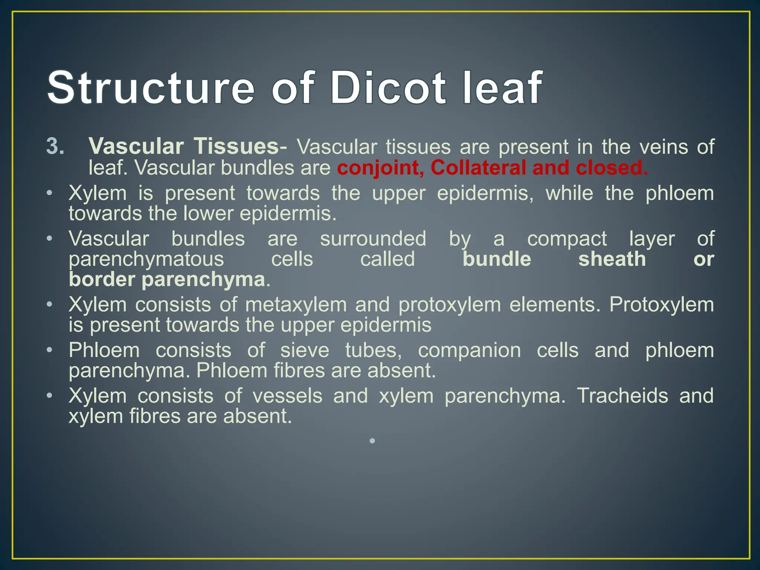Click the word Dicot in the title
[387, 88]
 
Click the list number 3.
[55, 147]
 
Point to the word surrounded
[373, 239]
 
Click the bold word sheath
[612, 259]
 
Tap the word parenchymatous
[146, 259]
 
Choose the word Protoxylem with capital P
[661, 305]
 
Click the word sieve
[304, 350]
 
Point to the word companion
[469, 350]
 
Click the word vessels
[288, 396]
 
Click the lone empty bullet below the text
[373, 441]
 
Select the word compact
[567, 239]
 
